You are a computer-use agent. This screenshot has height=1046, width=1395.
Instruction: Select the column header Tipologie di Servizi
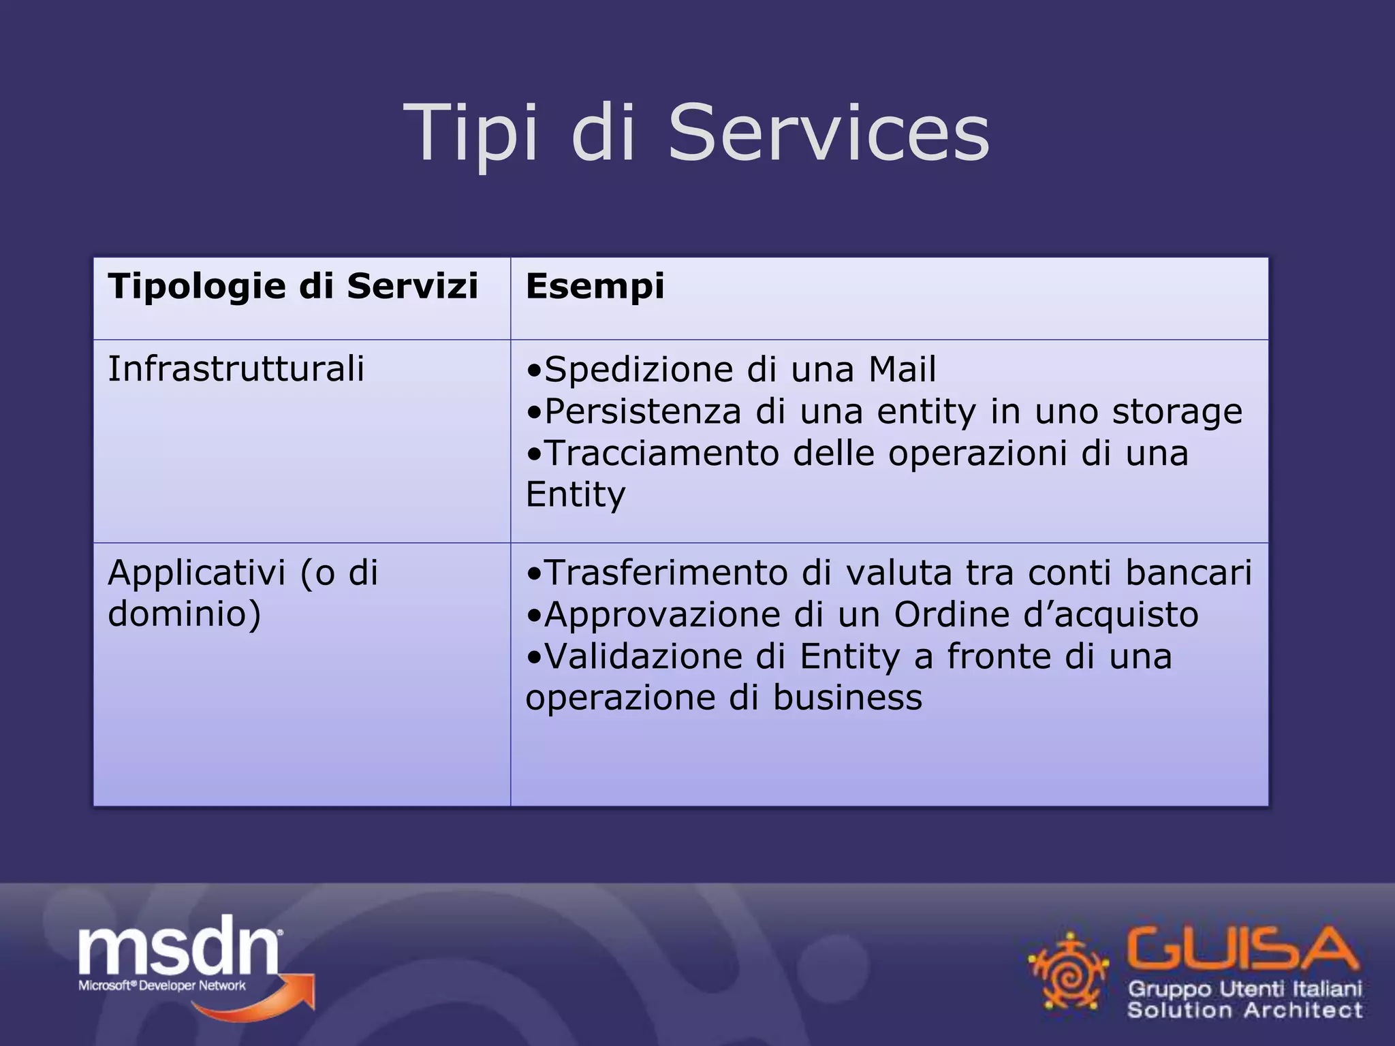[x=293, y=286]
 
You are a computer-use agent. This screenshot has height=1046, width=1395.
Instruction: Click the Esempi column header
[x=595, y=286]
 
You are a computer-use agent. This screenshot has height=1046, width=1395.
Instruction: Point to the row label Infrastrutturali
[x=236, y=369]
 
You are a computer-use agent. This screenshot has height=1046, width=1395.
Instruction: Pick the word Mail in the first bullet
[x=902, y=369]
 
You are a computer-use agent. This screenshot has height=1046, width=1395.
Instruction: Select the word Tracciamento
[x=662, y=453]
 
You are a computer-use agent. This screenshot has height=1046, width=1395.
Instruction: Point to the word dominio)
[x=185, y=614]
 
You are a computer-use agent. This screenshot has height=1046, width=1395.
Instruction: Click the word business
[x=847, y=698]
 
